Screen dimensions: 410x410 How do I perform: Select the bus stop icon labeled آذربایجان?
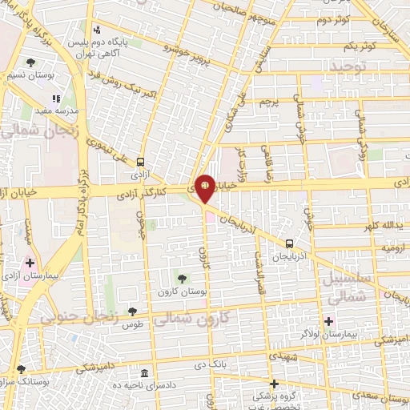tap(289, 243)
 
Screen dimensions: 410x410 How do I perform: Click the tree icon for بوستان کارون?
tap(182, 278)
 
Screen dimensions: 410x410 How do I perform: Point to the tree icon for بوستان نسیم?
tap(31, 62)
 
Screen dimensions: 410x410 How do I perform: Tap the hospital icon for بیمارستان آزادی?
tap(30, 263)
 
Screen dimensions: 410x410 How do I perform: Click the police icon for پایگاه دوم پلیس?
tap(97, 30)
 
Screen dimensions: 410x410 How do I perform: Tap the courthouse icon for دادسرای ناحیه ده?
tap(143, 373)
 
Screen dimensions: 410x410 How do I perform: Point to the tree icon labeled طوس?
tap(132, 312)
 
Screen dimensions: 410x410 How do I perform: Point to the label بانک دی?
tap(212, 364)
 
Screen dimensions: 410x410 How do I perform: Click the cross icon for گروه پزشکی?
tap(274, 384)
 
